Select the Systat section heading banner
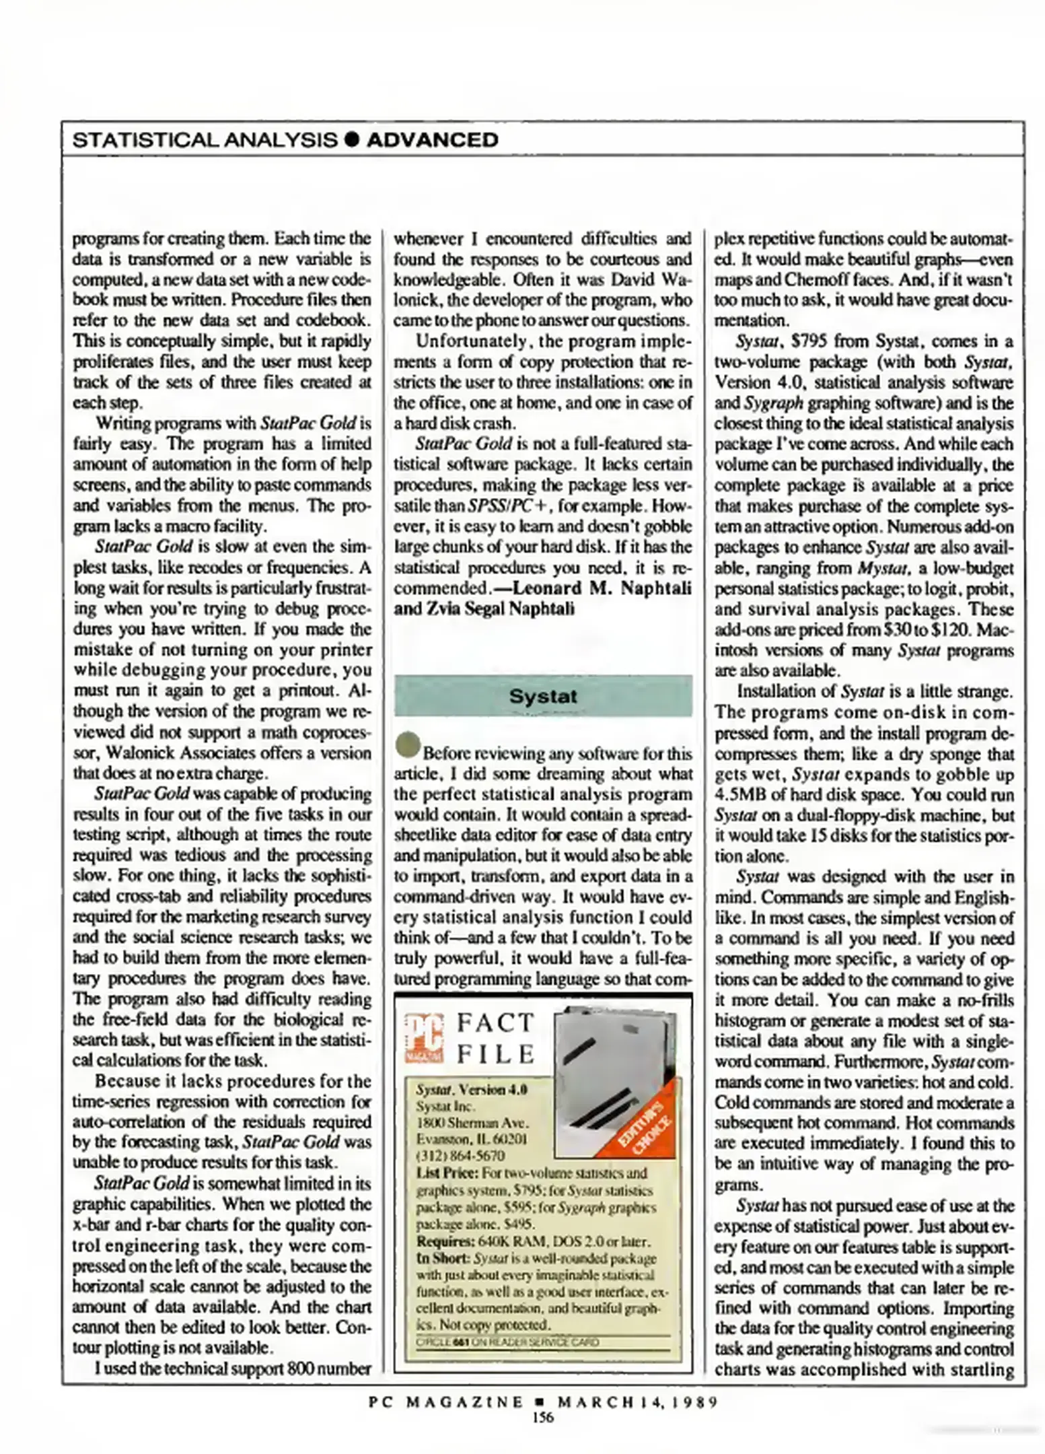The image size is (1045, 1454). click(x=543, y=696)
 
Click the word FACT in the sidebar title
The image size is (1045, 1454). click(x=496, y=1023)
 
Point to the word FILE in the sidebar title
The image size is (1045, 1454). click(x=496, y=1053)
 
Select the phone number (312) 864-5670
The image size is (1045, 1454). click(x=460, y=1156)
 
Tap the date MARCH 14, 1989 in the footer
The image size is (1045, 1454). click(x=637, y=1402)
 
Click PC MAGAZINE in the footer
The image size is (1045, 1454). click(x=446, y=1402)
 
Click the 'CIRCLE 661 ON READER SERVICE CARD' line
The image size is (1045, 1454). click(x=507, y=1342)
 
